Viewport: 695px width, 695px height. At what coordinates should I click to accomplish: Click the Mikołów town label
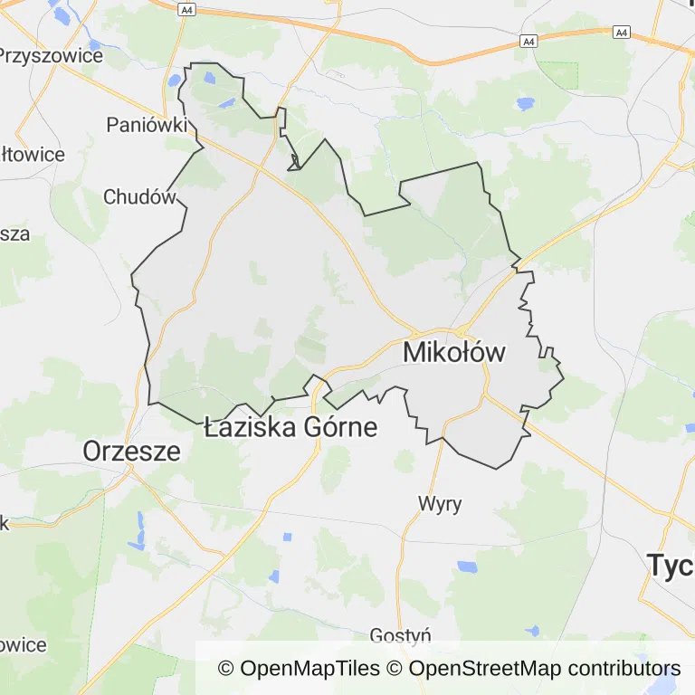coord(453,352)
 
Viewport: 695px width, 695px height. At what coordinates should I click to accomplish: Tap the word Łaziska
coord(246,426)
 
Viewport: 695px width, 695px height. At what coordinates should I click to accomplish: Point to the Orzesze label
coord(132,450)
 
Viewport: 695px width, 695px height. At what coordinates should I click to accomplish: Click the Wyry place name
coord(440,503)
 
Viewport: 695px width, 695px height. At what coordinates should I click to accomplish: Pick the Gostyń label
coord(401,636)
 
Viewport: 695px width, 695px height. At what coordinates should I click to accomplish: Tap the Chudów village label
coord(138,196)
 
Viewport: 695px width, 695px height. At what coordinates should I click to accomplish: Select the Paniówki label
coord(147,125)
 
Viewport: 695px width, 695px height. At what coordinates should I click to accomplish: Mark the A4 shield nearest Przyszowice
coord(186,9)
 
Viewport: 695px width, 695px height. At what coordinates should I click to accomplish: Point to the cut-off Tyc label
coord(671,566)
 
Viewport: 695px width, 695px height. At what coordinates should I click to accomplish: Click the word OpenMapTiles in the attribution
coord(310,669)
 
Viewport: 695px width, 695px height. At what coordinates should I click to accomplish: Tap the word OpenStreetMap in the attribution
coord(483,669)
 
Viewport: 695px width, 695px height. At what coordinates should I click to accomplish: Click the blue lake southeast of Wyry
coord(467,567)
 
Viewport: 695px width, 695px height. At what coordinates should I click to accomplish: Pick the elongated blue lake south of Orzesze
coord(138,531)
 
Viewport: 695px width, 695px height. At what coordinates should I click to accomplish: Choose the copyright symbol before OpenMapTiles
coord(226,669)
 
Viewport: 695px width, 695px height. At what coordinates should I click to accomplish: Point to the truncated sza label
coord(14,233)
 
